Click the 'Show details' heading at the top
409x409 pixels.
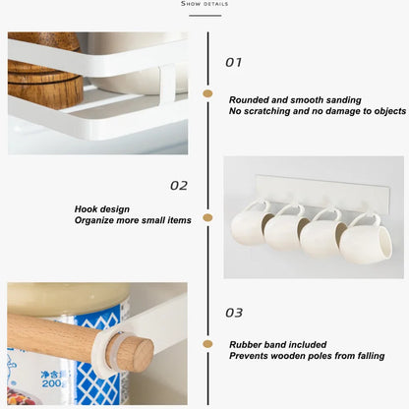point(204,4)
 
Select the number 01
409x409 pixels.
point(233,62)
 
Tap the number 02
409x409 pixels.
point(178,185)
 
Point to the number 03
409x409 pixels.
point(233,313)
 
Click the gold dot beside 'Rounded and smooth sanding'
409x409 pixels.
point(207,93)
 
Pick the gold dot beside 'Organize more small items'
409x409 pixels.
point(207,218)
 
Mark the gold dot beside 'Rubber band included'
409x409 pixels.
point(207,344)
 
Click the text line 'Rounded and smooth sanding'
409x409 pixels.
point(294,99)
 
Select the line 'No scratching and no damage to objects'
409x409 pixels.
point(317,111)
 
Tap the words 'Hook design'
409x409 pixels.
point(102,208)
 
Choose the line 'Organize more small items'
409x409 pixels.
point(133,220)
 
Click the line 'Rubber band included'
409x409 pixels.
point(277,344)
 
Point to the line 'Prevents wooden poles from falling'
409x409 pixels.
point(306,356)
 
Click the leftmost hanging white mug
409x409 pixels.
point(249,229)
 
